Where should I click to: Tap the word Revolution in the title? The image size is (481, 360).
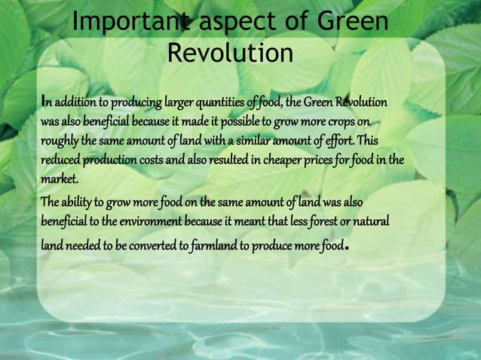[x=229, y=54]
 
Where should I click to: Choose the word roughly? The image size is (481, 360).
[x=61, y=142]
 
